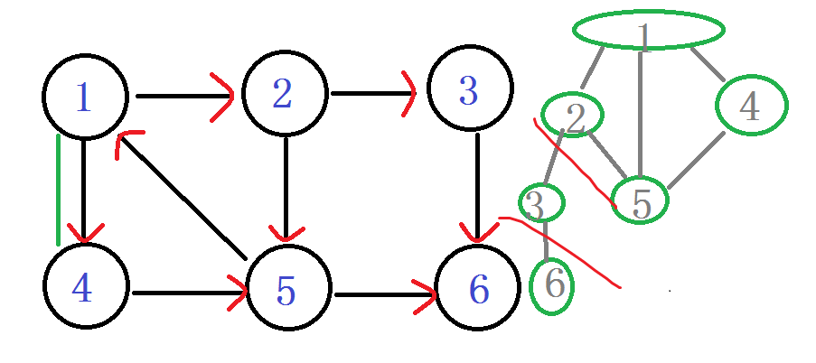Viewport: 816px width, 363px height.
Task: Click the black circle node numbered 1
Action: [x=84, y=97]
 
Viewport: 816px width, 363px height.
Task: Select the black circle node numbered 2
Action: [x=284, y=93]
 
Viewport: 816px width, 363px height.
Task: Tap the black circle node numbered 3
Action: [x=469, y=89]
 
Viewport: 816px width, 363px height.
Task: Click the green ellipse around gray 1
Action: [x=648, y=30]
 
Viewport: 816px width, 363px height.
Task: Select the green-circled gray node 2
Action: [x=573, y=115]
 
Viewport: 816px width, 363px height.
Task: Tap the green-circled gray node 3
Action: [x=540, y=204]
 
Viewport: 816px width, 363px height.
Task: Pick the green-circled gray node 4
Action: [x=750, y=106]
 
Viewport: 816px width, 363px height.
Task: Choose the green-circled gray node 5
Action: [x=640, y=200]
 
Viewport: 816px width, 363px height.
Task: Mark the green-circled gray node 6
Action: [x=552, y=285]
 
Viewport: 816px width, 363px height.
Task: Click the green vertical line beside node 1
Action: [x=59, y=190]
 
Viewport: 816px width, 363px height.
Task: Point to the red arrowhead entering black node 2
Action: [x=224, y=95]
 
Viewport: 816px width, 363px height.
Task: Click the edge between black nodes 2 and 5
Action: [x=285, y=185]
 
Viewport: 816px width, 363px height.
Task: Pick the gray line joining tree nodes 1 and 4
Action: [x=706, y=63]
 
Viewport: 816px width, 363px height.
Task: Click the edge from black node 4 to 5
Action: [x=185, y=292]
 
